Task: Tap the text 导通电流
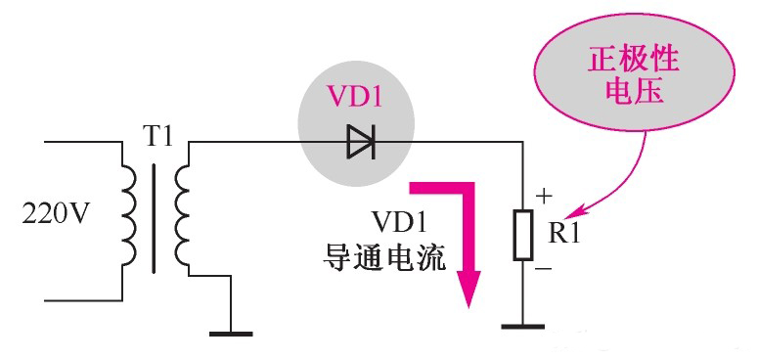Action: pyautogui.click(x=384, y=258)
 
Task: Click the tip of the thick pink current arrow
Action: pyautogui.click(x=471, y=304)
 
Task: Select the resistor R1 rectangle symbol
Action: pyautogui.click(x=522, y=234)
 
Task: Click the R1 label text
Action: pyautogui.click(x=564, y=234)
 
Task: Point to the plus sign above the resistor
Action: pyautogui.click(x=545, y=196)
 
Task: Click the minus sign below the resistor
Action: pyautogui.click(x=543, y=266)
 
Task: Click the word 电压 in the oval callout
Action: pyautogui.click(x=633, y=94)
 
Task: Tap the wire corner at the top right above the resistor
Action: pyautogui.click(x=522, y=143)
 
